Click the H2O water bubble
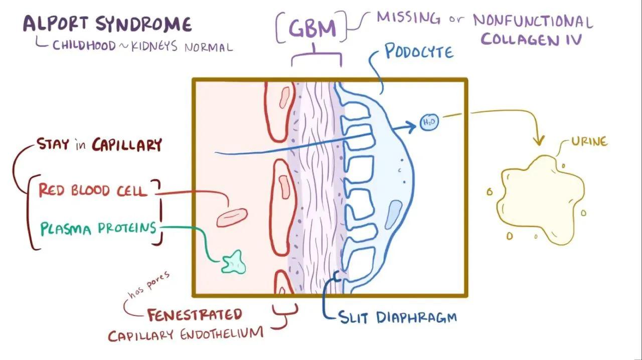pos(429,122)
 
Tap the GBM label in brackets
pos(312,28)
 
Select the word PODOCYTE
pos(419,52)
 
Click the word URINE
pos(589,141)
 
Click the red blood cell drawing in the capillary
pos(232,217)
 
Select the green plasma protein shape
pos(233,262)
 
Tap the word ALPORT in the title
pos(56,24)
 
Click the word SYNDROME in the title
pos(143,24)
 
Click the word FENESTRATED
pos(195,314)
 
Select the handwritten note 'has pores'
pos(149,285)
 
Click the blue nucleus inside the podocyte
pos(394,215)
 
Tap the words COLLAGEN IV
pos(531,39)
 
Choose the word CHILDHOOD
pos(84,46)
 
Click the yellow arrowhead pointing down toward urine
pos(539,140)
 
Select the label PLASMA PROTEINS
pos(98,229)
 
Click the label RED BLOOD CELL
pos(93,190)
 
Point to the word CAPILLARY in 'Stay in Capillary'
pos(127,145)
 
